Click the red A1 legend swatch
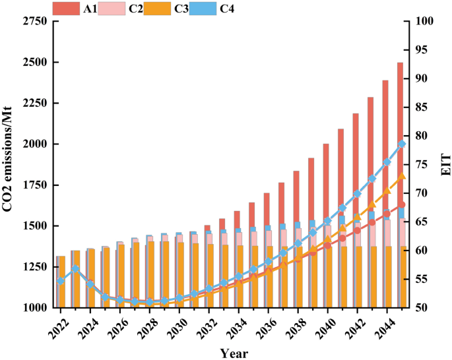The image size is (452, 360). click(x=66, y=9)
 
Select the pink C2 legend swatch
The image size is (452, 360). click(x=112, y=9)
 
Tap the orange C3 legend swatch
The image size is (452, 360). click(x=157, y=9)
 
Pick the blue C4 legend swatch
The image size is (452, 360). click(x=203, y=9)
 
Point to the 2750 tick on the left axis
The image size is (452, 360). click(x=35, y=21)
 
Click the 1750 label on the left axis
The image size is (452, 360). click(x=35, y=185)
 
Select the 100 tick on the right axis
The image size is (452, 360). click(x=424, y=21)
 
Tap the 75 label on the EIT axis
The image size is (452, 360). click(x=422, y=165)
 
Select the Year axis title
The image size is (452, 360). click(x=234, y=353)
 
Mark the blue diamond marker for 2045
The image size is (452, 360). click(x=402, y=144)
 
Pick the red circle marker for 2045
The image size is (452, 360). click(x=402, y=205)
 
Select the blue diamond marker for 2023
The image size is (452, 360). click(x=75, y=269)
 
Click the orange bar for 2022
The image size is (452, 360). click(x=61, y=282)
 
